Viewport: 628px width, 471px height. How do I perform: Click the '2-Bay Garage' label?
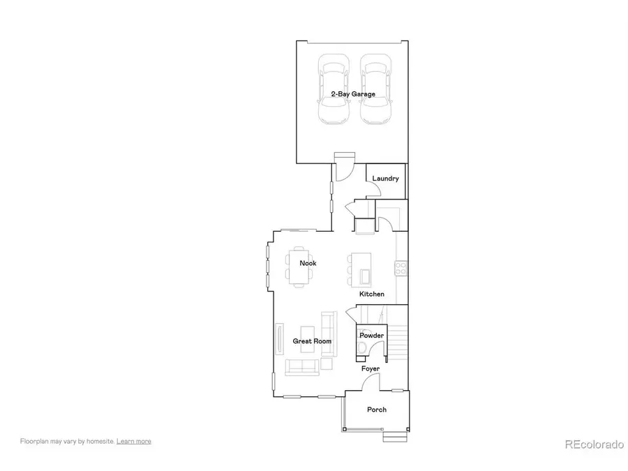(x=352, y=94)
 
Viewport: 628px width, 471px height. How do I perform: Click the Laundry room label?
(x=385, y=179)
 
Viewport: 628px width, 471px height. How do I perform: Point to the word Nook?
(x=308, y=263)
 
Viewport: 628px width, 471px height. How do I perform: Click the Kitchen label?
(x=372, y=294)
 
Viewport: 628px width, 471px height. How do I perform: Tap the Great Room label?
(x=312, y=341)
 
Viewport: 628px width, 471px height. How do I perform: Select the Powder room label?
(x=371, y=336)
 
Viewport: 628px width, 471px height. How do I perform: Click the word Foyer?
(x=371, y=368)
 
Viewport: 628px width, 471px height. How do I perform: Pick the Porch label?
(x=377, y=410)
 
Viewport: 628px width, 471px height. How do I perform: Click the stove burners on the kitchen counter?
(x=401, y=269)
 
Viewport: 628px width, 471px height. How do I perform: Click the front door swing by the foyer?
(x=372, y=383)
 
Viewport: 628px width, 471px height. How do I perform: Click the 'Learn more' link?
(x=133, y=441)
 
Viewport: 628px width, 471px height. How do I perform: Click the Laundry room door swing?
(x=384, y=223)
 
